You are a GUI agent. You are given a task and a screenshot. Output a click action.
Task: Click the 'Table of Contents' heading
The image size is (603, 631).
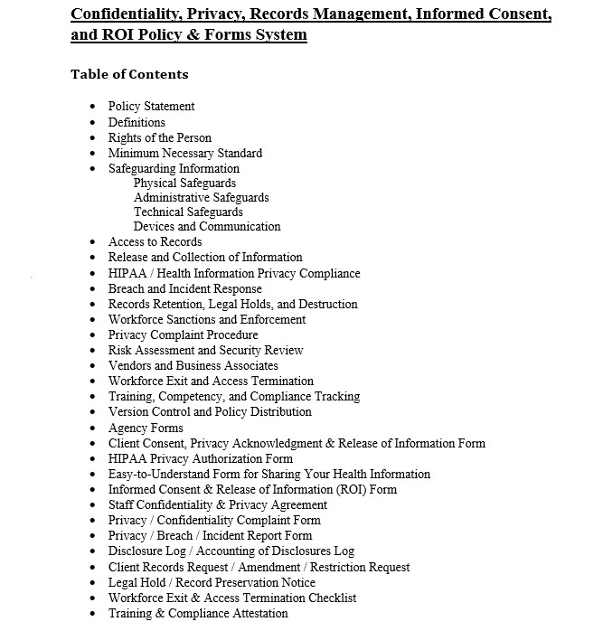pos(129,74)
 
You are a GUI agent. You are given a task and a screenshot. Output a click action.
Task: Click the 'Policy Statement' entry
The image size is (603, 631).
pos(151,107)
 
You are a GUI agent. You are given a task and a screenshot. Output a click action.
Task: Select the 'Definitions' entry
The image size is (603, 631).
pos(137,122)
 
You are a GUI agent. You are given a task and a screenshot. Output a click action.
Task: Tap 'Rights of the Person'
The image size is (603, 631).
pos(159,137)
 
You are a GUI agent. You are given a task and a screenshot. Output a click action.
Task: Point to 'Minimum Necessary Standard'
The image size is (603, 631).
pos(184,153)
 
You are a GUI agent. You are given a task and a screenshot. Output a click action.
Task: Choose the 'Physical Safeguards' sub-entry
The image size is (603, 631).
pos(184,183)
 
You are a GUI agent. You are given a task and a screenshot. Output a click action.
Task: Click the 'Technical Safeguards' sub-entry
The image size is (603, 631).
pos(188,212)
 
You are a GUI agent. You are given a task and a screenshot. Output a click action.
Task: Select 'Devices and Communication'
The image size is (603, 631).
pos(207,226)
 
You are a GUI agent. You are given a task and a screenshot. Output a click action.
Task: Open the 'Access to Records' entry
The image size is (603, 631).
pos(155,241)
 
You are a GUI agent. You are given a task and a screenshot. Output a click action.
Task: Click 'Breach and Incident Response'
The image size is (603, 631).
pos(184,288)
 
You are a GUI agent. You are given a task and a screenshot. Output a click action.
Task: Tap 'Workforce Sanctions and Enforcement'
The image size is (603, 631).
pos(207,319)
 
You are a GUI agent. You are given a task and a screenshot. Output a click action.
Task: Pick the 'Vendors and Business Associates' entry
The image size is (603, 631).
pos(193,365)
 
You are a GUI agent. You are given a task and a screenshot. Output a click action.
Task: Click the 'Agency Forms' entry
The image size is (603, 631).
pos(146,428)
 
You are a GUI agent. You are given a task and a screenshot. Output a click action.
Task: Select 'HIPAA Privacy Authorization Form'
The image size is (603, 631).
pos(201,458)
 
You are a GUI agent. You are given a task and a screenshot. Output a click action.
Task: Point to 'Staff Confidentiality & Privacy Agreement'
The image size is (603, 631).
pos(218,504)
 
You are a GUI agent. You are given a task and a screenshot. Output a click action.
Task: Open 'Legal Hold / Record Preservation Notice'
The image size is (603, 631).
pos(212,582)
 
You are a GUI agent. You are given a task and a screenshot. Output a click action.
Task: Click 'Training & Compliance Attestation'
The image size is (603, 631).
pos(198,613)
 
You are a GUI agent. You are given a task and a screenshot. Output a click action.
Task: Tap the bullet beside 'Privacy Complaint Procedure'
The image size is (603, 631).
pos(93,335)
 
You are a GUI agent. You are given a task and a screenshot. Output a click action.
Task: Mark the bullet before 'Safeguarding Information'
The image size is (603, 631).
pos(93,169)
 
